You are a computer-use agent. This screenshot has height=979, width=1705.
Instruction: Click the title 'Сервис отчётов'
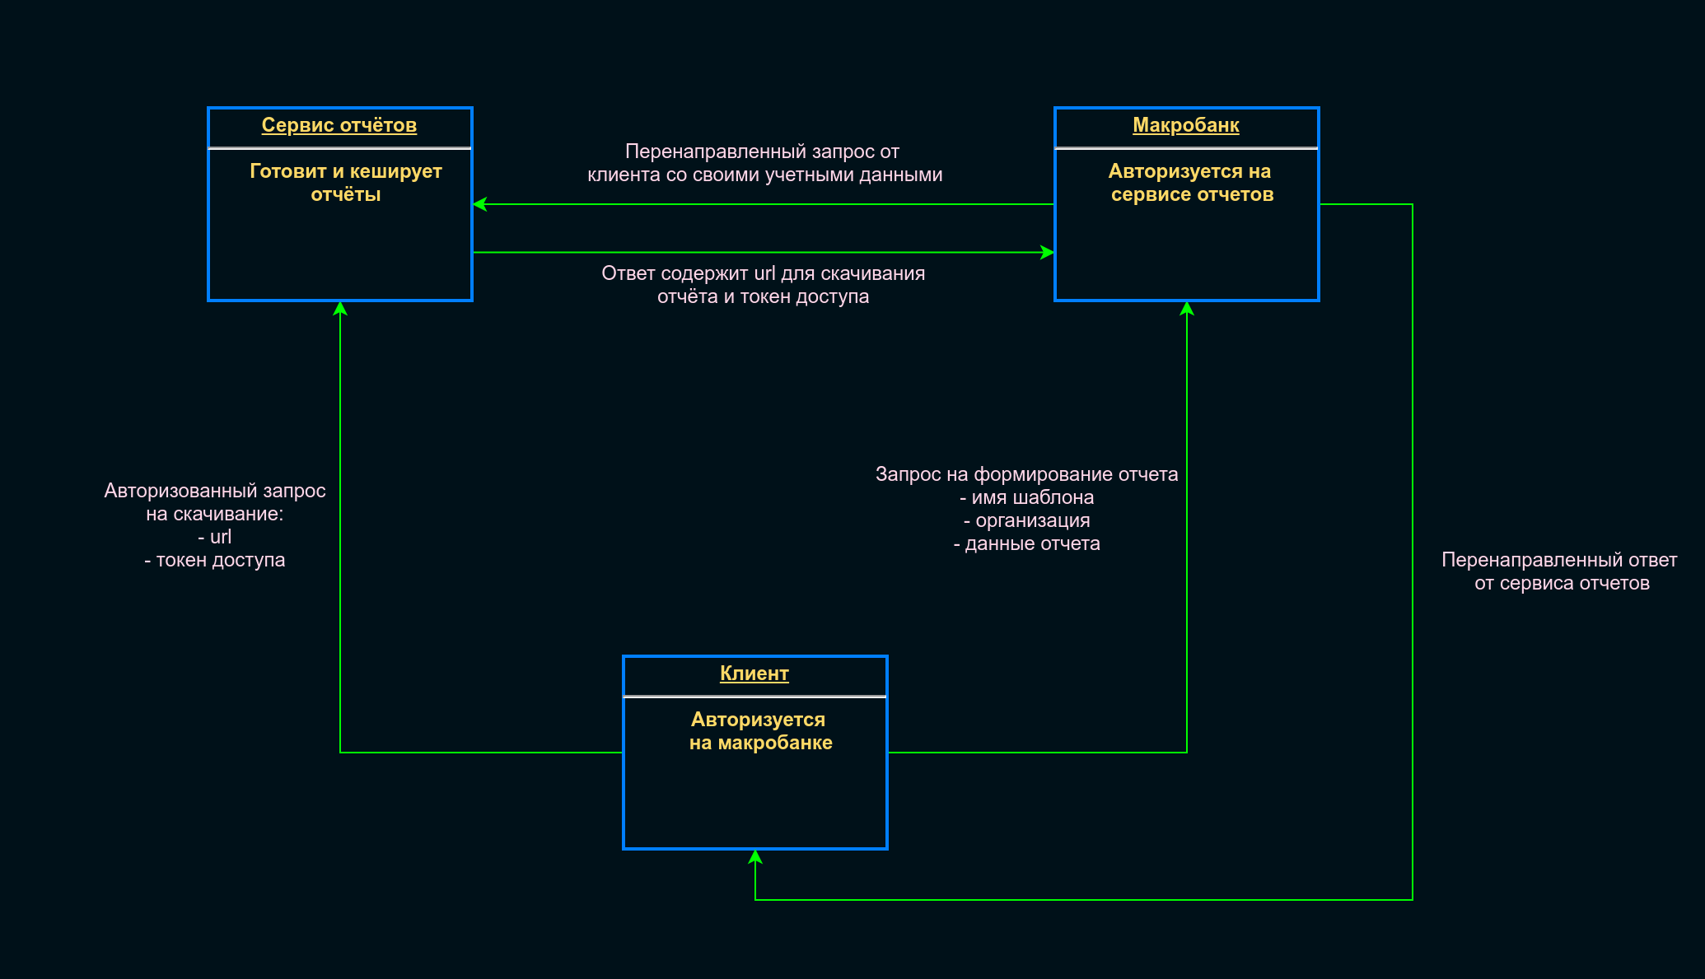(339, 125)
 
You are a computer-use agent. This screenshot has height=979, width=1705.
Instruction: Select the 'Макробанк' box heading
(1185, 125)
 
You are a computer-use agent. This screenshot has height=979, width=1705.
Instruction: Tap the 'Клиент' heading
(754, 674)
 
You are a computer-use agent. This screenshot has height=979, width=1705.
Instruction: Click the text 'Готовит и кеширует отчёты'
(346, 183)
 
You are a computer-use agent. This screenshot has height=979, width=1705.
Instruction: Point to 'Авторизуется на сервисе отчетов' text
(1191, 183)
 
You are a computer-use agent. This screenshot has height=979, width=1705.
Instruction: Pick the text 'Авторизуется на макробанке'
(759, 731)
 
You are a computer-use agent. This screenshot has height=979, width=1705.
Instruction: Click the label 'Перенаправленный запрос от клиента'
(764, 163)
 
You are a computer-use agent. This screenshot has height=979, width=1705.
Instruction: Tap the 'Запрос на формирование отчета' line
(1026, 474)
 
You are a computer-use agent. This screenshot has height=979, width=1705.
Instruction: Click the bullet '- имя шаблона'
(1026, 497)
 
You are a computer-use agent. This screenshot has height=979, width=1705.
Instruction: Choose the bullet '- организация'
(1026, 520)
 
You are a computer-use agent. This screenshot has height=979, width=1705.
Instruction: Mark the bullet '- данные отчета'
(1026, 543)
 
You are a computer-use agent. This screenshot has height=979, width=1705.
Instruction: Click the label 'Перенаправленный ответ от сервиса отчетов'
(1559, 571)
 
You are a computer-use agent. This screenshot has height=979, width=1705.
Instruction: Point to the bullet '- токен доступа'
(214, 560)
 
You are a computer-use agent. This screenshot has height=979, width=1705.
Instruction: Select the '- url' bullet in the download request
(214, 537)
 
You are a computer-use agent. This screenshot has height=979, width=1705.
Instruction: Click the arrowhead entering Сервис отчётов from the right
(479, 204)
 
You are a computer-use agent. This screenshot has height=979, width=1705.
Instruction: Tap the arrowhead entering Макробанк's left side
(1048, 252)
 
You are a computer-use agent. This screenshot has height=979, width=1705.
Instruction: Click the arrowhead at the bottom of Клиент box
(755, 856)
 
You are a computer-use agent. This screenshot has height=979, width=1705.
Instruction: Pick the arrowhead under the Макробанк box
(1187, 308)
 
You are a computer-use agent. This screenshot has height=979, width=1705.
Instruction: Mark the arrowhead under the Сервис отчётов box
(340, 308)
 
